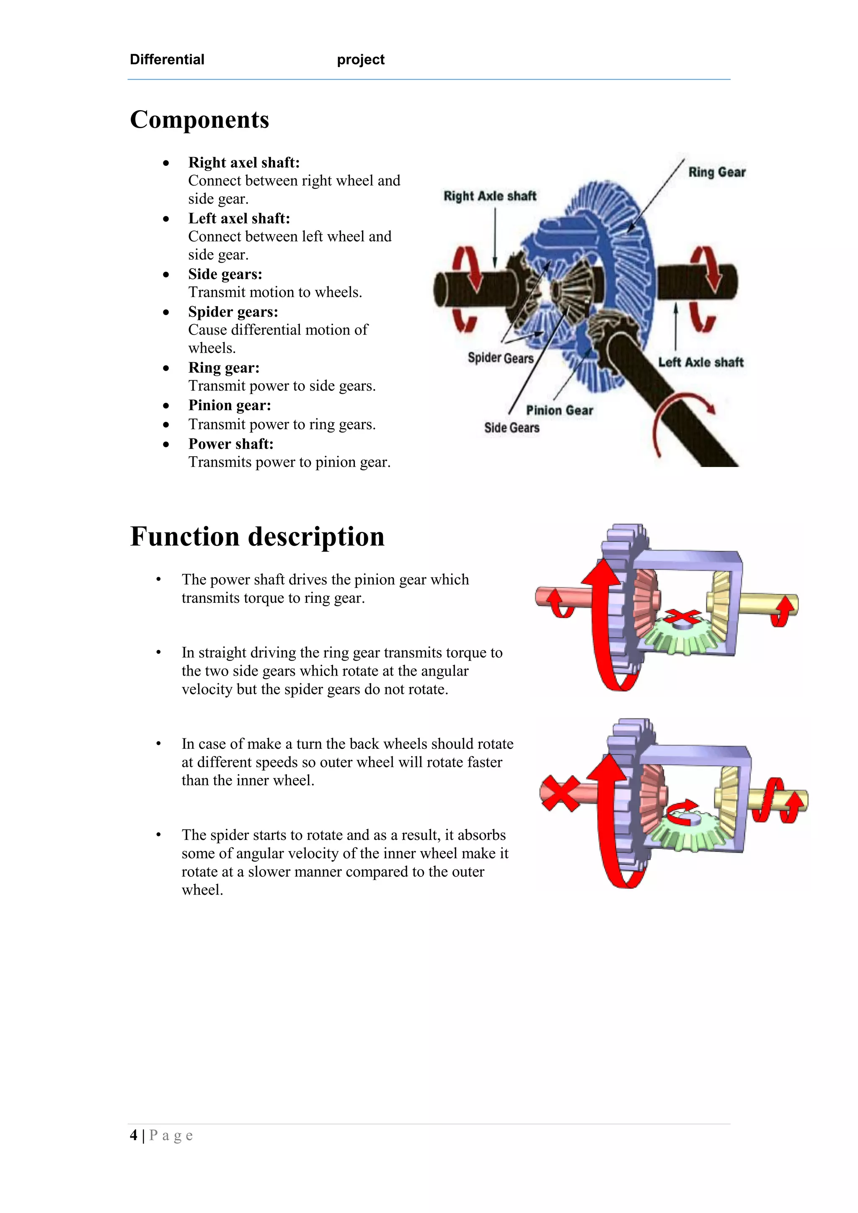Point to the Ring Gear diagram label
716,172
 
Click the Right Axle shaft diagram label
489,196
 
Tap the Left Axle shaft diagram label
700,362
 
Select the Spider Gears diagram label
500,358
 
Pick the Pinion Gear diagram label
559,410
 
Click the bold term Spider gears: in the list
233,312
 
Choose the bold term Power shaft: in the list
231,444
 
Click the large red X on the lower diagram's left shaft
561,793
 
